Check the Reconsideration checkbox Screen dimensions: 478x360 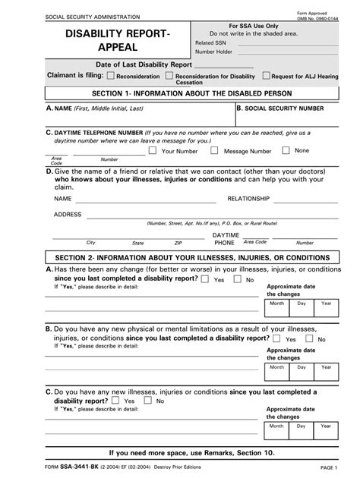click(x=111, y=76)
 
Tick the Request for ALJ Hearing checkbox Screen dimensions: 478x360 click(x=266, y=76)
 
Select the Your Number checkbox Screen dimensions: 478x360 click(x=153, y=150)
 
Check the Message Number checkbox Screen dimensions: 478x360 click(x=216, y=150)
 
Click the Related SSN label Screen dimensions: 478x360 click(x=210, y=43)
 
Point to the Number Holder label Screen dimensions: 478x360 click(x=214, y=52)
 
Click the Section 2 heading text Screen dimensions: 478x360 click(x=181, y=258)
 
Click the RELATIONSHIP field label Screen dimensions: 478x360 click(x=248, y=198)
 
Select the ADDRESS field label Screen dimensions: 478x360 click(x=68, y=214)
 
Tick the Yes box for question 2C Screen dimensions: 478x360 click(x=115, y=400)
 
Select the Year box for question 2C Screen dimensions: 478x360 click(x=327, y=434)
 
